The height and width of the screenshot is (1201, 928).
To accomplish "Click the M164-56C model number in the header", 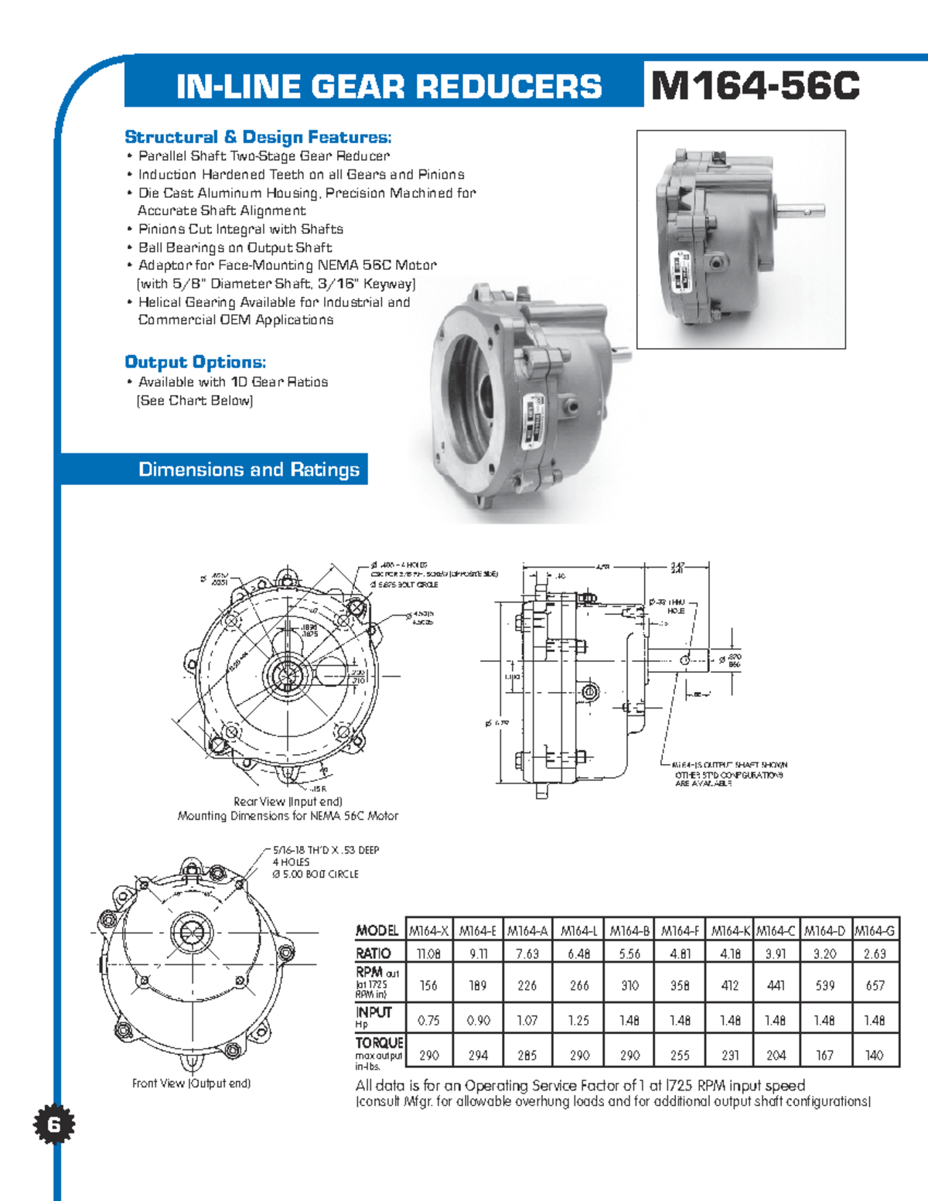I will click(x=755, y=85).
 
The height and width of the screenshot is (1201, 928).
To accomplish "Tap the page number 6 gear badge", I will click(x=53, y=1124).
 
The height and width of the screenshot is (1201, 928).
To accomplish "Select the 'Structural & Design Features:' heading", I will click(x=258, y=137).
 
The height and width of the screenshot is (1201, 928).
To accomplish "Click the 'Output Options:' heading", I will click(x=196, y=362).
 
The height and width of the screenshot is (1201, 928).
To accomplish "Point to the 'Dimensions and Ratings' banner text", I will click(x=248, y=469).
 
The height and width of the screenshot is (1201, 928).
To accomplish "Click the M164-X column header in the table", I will click(x=428, y=930).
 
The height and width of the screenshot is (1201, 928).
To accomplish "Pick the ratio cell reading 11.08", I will click(x=428, y=954).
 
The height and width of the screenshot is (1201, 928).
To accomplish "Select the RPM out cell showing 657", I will click(x=875, y=985).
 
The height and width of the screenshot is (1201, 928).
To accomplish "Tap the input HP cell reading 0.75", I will click(x=428, y=1020).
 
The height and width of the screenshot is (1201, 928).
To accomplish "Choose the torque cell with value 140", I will click(x=875, y=1055).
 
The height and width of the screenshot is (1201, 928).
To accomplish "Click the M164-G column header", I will click(x=875, y=930).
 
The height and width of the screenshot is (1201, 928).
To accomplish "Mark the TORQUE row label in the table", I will click(x=379, y=1043).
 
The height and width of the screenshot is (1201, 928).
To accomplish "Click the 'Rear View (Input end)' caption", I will click(x=288, y=802).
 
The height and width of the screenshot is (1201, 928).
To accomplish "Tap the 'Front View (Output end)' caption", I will click(x=191, y=1083).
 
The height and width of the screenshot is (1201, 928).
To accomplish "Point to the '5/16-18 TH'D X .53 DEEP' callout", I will click(x=326, y=850).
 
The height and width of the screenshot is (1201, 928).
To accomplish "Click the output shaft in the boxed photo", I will click(x=801, y=210).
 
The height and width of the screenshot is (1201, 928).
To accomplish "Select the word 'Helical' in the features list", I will click(x=161, y=302).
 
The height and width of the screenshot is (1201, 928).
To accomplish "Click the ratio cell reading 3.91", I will click(x=776, y=954).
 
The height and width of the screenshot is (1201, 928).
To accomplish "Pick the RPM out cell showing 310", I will click(x=629, y=985).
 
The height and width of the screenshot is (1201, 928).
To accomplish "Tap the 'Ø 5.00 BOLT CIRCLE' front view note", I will click(x=316, y=874).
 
